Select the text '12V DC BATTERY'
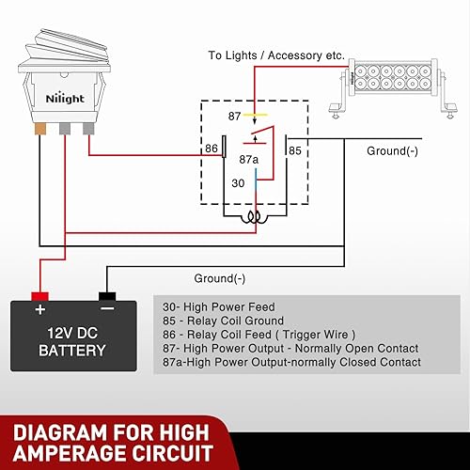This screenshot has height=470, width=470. tap(72, 341)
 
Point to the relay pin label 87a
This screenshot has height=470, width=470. tap(250, 160)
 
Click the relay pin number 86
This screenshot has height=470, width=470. tap(213, 149)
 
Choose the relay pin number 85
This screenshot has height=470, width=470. tap(295, 149)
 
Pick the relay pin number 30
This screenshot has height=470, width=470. tap(239, 184)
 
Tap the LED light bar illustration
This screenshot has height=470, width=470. tap(388, 83)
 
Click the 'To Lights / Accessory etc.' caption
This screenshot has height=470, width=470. tap(276, 55)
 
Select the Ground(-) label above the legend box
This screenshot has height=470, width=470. tap(219, 278)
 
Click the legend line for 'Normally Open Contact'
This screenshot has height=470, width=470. tap(290, 348)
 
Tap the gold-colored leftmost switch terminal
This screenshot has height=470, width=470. tap(41, 128)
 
